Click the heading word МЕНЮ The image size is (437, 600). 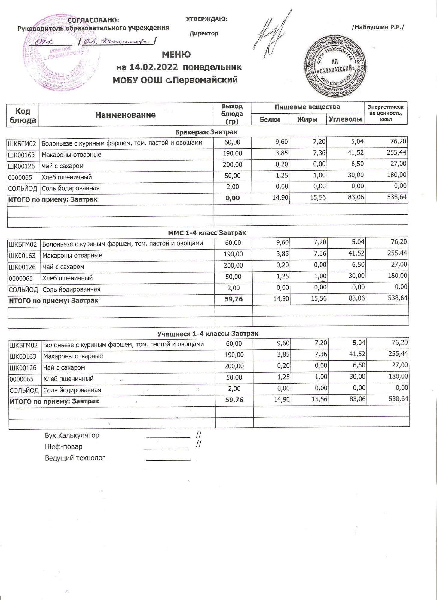tap(176, 55)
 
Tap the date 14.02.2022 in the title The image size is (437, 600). tap(153, 67)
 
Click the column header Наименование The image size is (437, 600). tap(125, 115)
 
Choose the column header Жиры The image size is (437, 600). tap(307, 119)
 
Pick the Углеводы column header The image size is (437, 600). tap(345, 119)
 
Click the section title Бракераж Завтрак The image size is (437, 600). tap(206, 132)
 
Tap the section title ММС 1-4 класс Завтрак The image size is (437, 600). tap(207, 233)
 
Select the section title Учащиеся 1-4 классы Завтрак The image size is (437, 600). tap(208, 334)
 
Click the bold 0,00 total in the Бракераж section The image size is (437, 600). tap(232, 198)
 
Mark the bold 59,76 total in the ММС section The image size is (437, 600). tap(234, 299)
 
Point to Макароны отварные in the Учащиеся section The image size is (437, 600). tap(73, 356)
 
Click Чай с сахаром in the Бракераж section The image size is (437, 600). tap(63, 166)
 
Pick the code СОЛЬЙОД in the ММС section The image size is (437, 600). tap(23, 290)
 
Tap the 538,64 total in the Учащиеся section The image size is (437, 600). tap(398, 399)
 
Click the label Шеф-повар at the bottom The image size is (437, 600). tap(64, 447)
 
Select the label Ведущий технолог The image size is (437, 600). tap(75, 458)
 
